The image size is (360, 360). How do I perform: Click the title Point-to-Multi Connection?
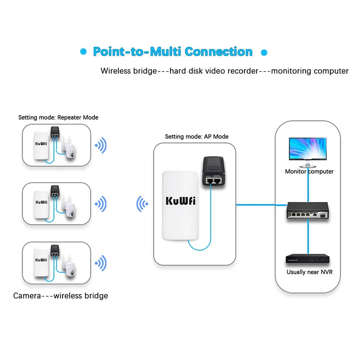tap(172, 52)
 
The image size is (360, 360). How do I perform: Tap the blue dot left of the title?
tap(83, 52)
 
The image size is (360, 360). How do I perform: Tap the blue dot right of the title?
tap(265, 52)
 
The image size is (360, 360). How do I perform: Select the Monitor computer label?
tap(309, 171)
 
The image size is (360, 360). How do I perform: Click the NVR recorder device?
tap(309, 260)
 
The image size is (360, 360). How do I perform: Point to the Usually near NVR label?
tap(309, 272)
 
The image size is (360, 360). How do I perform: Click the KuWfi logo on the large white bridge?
tap(180, 201)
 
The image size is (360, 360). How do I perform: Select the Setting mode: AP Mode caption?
tap(197, 136)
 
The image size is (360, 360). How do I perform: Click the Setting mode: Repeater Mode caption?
tap(58, 117)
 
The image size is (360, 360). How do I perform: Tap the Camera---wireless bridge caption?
tap(60, 296)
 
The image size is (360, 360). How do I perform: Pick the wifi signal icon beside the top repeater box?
tap(101, 145)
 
